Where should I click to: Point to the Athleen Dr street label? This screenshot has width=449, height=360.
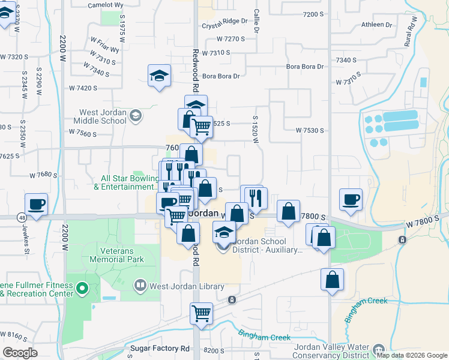(376, 25)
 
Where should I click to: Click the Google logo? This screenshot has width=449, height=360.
(20, 353)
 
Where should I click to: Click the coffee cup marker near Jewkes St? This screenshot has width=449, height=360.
(37, 203)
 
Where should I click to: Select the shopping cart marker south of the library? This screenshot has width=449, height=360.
(201, 313)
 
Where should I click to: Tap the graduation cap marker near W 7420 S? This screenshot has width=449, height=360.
(159, 76)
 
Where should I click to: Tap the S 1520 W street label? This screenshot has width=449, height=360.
(255, 130)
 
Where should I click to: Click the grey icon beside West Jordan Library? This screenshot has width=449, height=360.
(140, 286)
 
